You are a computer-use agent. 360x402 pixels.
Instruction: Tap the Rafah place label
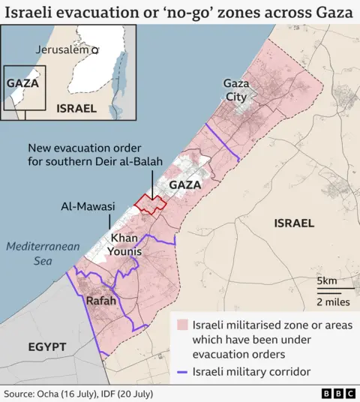101,300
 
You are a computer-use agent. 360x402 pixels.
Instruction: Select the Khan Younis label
125,244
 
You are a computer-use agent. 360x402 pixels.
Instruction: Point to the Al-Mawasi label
87,206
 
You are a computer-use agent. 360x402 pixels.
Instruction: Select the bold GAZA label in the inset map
22,83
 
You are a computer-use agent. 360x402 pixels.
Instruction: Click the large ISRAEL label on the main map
294,223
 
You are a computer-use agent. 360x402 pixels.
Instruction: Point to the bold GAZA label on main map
184,184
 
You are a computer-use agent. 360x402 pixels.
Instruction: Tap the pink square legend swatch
181,325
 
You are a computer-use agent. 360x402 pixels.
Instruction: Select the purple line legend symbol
181,371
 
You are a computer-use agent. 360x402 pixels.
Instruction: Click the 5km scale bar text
327,281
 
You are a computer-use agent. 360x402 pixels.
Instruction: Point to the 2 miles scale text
331,301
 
